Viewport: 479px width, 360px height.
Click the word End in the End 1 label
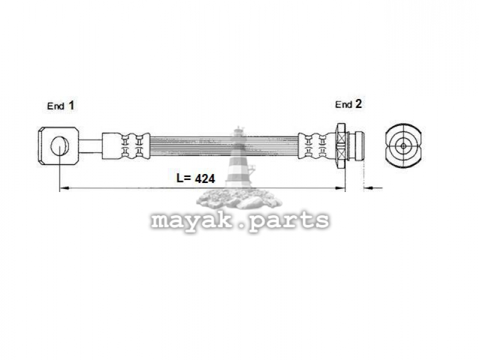(x=56, y=106)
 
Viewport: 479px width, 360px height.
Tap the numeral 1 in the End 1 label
(x=71, y=106)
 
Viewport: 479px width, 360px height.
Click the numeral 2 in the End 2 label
(x=358, y=104)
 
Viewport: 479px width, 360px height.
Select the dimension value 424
(x=205, y=179)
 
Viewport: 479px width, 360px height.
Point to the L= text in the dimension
(x=184, y=178)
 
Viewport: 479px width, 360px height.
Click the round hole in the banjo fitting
(x=59, y=146)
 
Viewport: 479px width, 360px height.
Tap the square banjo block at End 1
(x=59, y=146)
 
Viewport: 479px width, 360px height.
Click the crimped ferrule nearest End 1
(x=126, y=146)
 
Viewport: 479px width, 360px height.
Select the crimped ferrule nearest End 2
(x=317, y=146)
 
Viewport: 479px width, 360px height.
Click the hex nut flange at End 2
(x=341, y=145)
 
